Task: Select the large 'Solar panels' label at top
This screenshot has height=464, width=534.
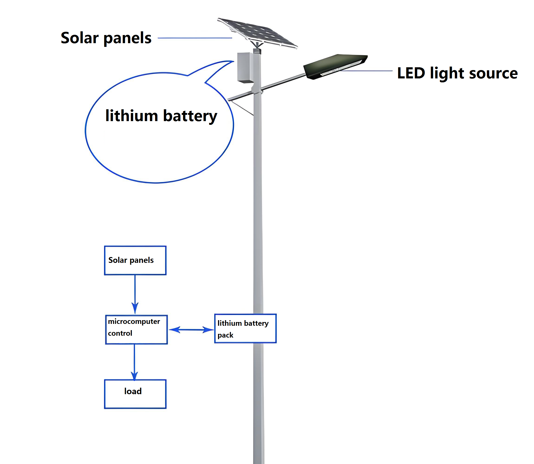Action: (x=106, y=38)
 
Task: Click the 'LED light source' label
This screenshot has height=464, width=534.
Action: (x=457, y=73)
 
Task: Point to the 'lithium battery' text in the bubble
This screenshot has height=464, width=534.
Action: (x=161, y=116)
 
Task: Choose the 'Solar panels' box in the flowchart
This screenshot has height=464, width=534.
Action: (x=135, y=260)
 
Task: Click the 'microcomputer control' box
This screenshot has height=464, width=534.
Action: (x=136, y=329)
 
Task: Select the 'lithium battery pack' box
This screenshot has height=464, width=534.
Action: (x=245, y=328)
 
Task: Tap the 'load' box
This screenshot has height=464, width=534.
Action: (x=135, y=394)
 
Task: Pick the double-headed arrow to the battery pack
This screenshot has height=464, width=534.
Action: (x=191, y=330)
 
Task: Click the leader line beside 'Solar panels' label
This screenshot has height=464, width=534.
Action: (x=195, y=38)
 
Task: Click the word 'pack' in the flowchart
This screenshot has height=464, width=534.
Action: (x=225, y=335)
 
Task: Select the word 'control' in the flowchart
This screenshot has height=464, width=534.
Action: (x=120, y=333)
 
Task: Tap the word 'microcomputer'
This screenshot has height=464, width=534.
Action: (x=134, y=322)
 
